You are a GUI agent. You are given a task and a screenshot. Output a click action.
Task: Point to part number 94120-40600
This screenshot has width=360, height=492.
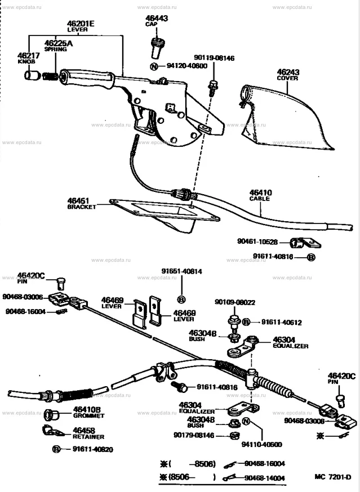186,66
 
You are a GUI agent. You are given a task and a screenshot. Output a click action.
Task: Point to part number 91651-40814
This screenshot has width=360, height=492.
183,271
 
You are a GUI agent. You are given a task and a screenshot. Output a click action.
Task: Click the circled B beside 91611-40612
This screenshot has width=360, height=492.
246,322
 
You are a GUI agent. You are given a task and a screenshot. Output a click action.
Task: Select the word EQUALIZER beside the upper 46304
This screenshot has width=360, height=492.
290,346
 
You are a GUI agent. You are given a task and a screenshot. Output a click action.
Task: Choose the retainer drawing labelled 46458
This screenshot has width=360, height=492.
52,432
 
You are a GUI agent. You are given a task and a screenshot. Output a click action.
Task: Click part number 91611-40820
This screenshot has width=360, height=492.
92,449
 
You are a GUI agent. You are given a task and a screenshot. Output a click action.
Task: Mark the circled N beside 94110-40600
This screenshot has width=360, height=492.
246,422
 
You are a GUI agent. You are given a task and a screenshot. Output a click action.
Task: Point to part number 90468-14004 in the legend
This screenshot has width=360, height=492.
265,478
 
